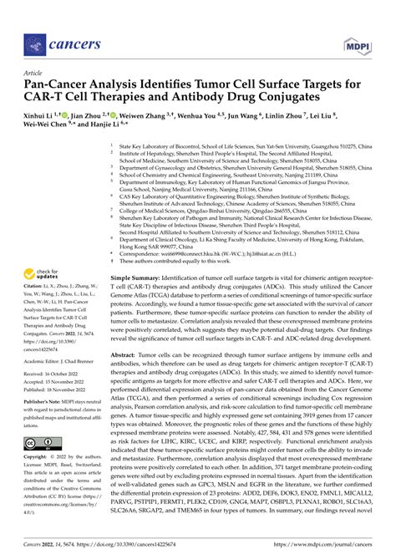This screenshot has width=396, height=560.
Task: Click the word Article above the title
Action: (x=34, y=73)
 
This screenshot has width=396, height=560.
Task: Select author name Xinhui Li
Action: (x=43, y=115)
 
